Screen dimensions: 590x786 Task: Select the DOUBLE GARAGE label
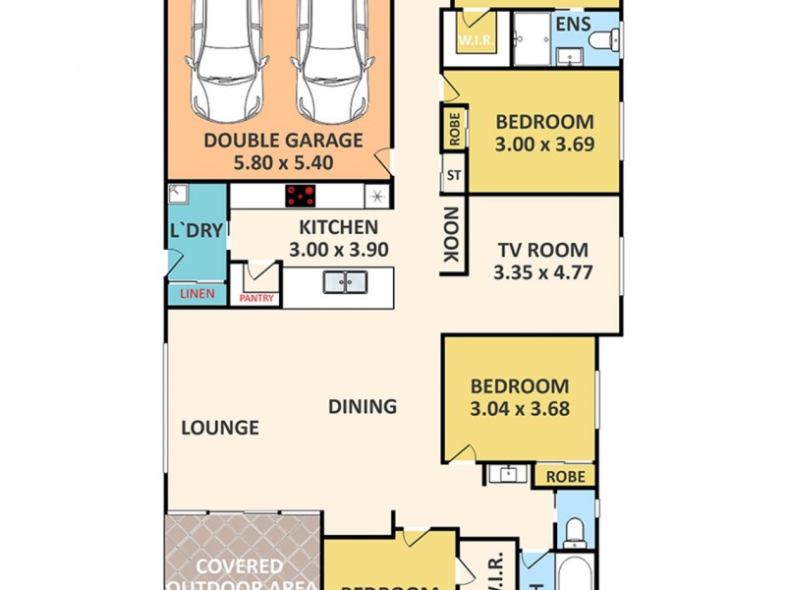(283, 141)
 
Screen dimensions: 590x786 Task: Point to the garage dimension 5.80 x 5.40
(283, 163)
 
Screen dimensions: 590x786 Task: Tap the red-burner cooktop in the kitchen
(304, 196)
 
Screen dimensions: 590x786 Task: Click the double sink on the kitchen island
(345, 282)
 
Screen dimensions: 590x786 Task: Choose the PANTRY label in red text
(256, 299)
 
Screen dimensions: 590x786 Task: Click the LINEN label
(197, 294)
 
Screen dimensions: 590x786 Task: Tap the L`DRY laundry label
(196, 232)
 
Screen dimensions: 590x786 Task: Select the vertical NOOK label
(452, 235)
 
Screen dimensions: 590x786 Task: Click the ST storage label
(454, 177)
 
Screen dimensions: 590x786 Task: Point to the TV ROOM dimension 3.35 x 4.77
(542, 272)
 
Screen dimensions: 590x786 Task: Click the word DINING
(363, 406)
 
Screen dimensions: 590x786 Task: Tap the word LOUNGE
(220, 428)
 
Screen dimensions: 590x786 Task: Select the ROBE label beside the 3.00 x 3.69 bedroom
(454, 128)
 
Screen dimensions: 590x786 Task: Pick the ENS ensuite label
(573, 24)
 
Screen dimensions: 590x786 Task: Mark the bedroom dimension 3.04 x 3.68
(520, 409)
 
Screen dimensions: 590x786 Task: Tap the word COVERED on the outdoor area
(239, 567)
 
